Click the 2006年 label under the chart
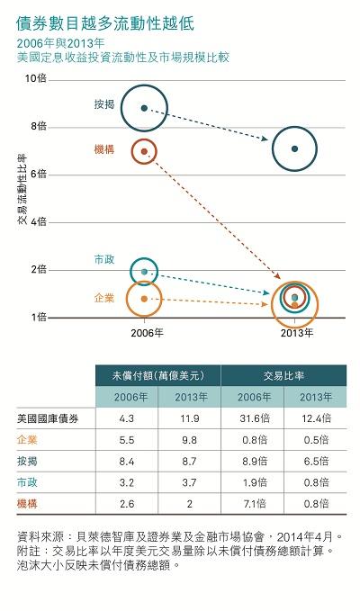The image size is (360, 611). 146,333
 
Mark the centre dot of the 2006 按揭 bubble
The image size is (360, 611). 145,108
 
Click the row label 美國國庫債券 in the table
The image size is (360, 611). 49,418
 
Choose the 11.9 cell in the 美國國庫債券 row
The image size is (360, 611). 189,418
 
